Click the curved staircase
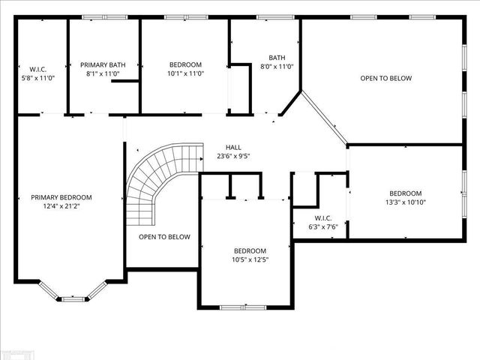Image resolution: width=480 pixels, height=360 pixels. pyautogui.click(x=154, y=184)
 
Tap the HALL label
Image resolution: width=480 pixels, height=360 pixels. pyautogui.click(x=233, y=147)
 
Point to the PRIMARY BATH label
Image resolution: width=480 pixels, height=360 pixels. pyautogui.click(x=103, y=65)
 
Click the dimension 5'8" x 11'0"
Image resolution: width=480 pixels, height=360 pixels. pyautogui.click(x=38, y=78)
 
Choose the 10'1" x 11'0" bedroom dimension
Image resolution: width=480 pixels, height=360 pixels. pyautogui.click(x=184, y=74)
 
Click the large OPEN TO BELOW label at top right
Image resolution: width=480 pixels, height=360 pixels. pyautogui.click(x=385, y=78)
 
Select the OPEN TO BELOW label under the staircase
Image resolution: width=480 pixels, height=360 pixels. pyautogui.click(x=164, y=237)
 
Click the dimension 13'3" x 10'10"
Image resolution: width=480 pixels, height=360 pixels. pyautogui.click(x=405, y=202)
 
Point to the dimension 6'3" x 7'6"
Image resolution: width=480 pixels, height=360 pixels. pyautogui.click(x=323, y=227)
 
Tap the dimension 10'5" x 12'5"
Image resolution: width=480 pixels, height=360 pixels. pyautogui.click(x=249, y=259)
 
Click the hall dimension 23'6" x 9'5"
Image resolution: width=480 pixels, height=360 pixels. pyautogui.click(x=233, y=157)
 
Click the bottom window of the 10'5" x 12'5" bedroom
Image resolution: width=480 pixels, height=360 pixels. pyautogui.click(x=242, y=307)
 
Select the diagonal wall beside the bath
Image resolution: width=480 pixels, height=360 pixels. pyautogui.click(x=325, y=117)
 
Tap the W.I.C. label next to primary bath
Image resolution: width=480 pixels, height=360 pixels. pyautogui.click(x=38, y=69)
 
